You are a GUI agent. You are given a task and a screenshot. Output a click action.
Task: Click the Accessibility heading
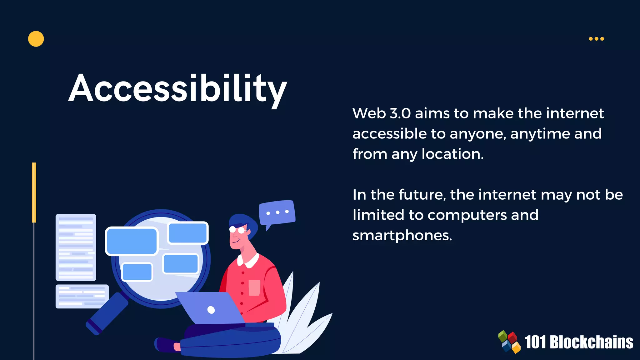click(177, 88)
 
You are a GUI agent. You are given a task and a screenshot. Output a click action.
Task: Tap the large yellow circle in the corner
click(36, 39)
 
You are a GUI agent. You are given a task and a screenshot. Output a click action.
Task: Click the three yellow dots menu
click(596, 39)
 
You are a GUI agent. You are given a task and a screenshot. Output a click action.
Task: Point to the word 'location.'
click(452, 154)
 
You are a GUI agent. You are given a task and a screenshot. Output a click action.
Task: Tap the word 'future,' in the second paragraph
click(422, 195)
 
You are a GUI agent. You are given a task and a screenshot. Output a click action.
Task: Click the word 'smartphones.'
click(402, 236)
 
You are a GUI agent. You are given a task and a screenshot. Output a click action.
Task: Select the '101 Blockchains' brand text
click(579, 342)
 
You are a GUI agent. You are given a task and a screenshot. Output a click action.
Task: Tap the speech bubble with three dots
click(277, 213)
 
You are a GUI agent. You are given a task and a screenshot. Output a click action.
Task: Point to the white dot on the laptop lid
click(211, 310)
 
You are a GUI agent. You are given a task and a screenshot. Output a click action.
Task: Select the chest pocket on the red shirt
click(254, 287)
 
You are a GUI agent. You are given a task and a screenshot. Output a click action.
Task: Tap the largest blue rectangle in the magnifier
click(132, 241)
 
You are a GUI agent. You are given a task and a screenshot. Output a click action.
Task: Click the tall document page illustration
click(76, 247)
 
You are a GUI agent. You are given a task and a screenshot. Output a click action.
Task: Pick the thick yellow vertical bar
click(34, 192)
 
